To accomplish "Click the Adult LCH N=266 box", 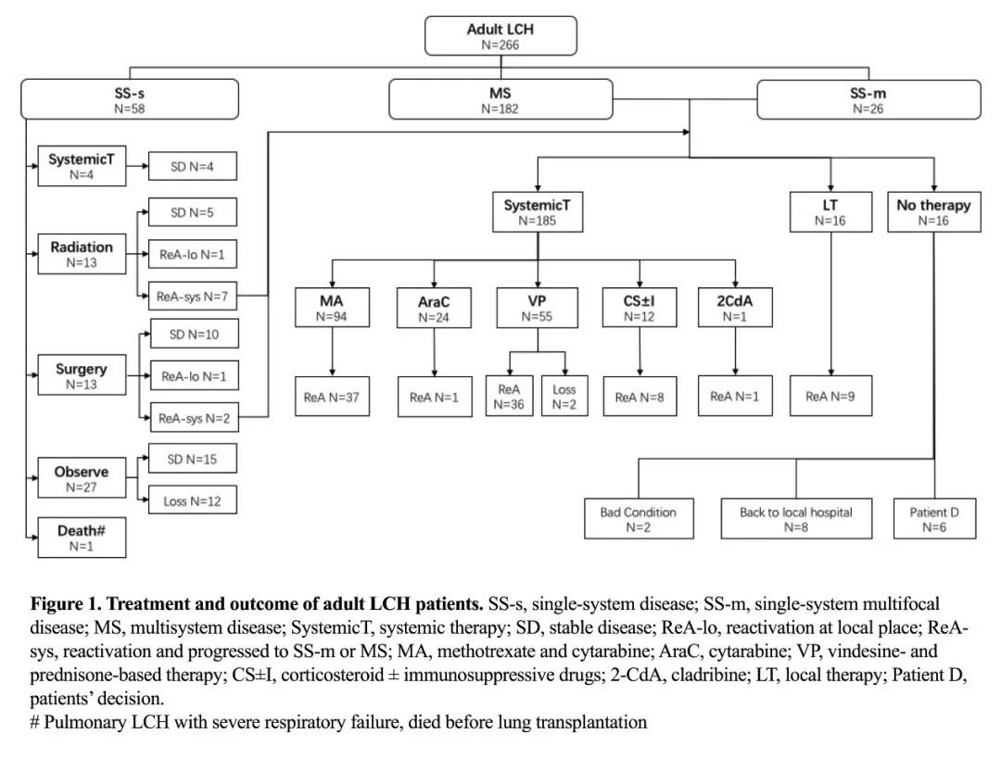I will coord(500,36).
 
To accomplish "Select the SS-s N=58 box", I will coord(130,99).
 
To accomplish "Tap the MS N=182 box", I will coord(500,99).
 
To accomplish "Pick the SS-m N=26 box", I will coord(868,99).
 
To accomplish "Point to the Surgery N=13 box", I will coord(82,375).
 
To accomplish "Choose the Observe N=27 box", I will coord(82,478).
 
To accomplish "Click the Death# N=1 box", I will coord(82,538).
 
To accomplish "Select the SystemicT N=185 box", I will coord(538,212).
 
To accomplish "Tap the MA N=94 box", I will coord(331,307).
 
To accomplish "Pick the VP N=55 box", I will coord(538,307).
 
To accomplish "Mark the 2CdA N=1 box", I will coord(735,307).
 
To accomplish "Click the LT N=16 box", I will coord(830,212).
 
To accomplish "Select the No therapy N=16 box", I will coord(933,212).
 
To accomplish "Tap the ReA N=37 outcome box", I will coord(331,397).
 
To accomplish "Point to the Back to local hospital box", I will coord(796,519).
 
